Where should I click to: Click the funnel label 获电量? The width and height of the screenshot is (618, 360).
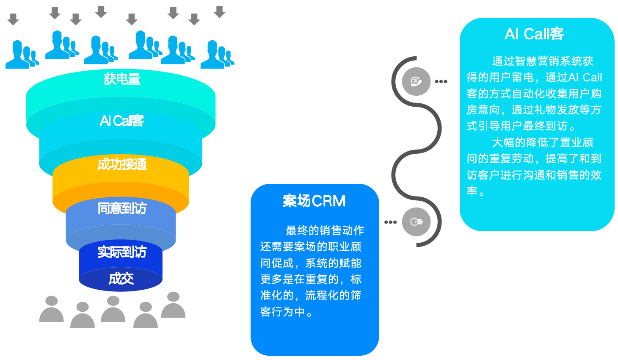[x=122, y=79]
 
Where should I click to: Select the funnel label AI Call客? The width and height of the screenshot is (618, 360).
[x=122, y=121]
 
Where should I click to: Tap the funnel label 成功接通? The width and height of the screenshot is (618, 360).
[x=122, y=164]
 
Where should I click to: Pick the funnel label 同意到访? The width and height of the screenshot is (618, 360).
[x=122, y=208]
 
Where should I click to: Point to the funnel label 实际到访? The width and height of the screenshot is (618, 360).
[x=122, y=252]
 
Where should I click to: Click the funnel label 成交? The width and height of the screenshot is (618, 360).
[x=121, y=278]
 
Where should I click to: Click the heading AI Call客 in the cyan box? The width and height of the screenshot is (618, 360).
[x=534, y=34]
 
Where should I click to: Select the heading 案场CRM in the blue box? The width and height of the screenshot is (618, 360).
[x=314, y=201]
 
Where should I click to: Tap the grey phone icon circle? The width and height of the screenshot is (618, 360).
[x=416, y=81]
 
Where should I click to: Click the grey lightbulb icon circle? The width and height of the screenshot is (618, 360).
[x=416, y=222]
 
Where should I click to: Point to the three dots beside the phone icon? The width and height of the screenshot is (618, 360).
[x=441, y=81]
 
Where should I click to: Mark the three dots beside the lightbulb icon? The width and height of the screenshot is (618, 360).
[x=390, y=222]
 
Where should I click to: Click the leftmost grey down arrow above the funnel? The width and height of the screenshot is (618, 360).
[x=14, y=19]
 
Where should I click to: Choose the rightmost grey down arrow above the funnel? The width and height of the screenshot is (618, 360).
[x=219, y=11]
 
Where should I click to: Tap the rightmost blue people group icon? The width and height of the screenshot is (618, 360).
[x=217, y=55]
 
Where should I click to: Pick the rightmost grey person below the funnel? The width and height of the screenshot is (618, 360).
[x=173, y=305]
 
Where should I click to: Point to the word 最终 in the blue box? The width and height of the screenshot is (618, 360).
[x=297, y=230]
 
